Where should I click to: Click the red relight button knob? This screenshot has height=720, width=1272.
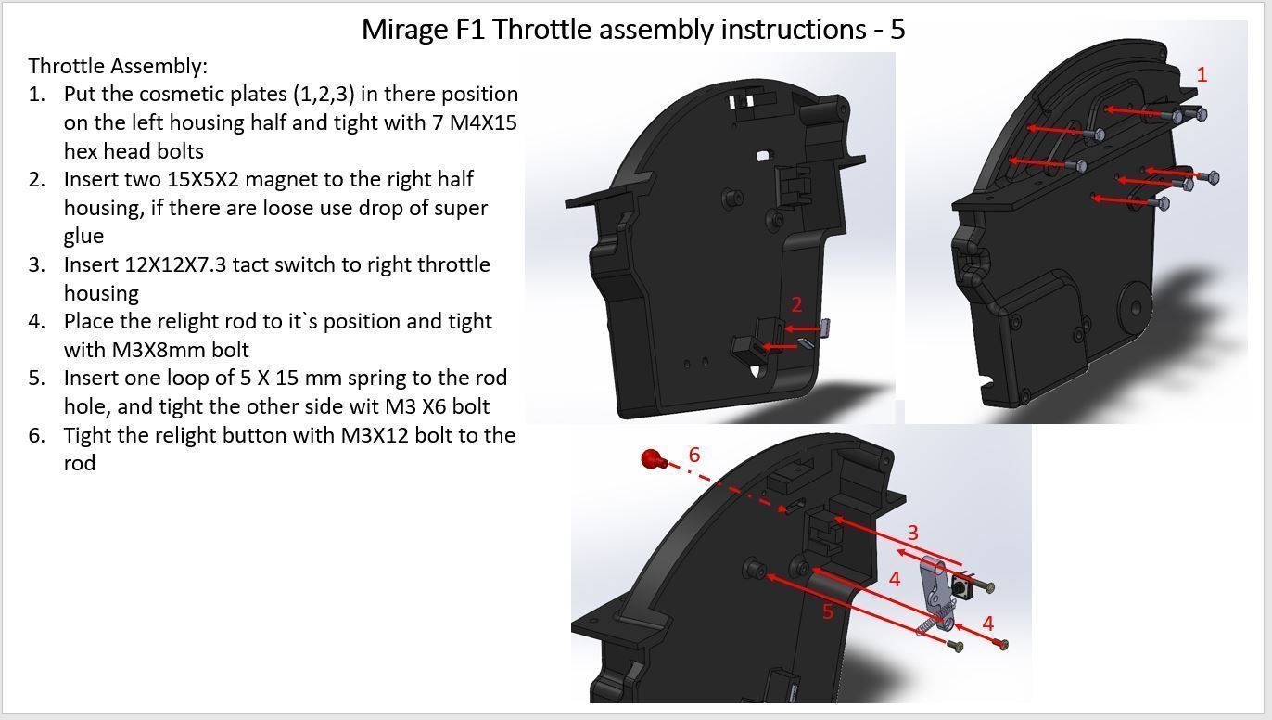(652, 459)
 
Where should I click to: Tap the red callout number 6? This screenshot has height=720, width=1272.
(694, 455)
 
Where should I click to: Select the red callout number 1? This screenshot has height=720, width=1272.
(1202, 75)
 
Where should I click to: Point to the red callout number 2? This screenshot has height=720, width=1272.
(796, 304)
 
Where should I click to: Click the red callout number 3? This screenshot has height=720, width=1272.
(912, 533)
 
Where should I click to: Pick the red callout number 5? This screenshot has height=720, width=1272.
(828, 611)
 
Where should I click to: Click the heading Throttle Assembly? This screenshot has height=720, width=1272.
(118, 66)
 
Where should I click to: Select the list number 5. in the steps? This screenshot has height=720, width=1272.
(36, 379)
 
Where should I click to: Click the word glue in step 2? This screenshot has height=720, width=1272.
(83, 236)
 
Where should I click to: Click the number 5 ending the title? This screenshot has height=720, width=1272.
(897, 30)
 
